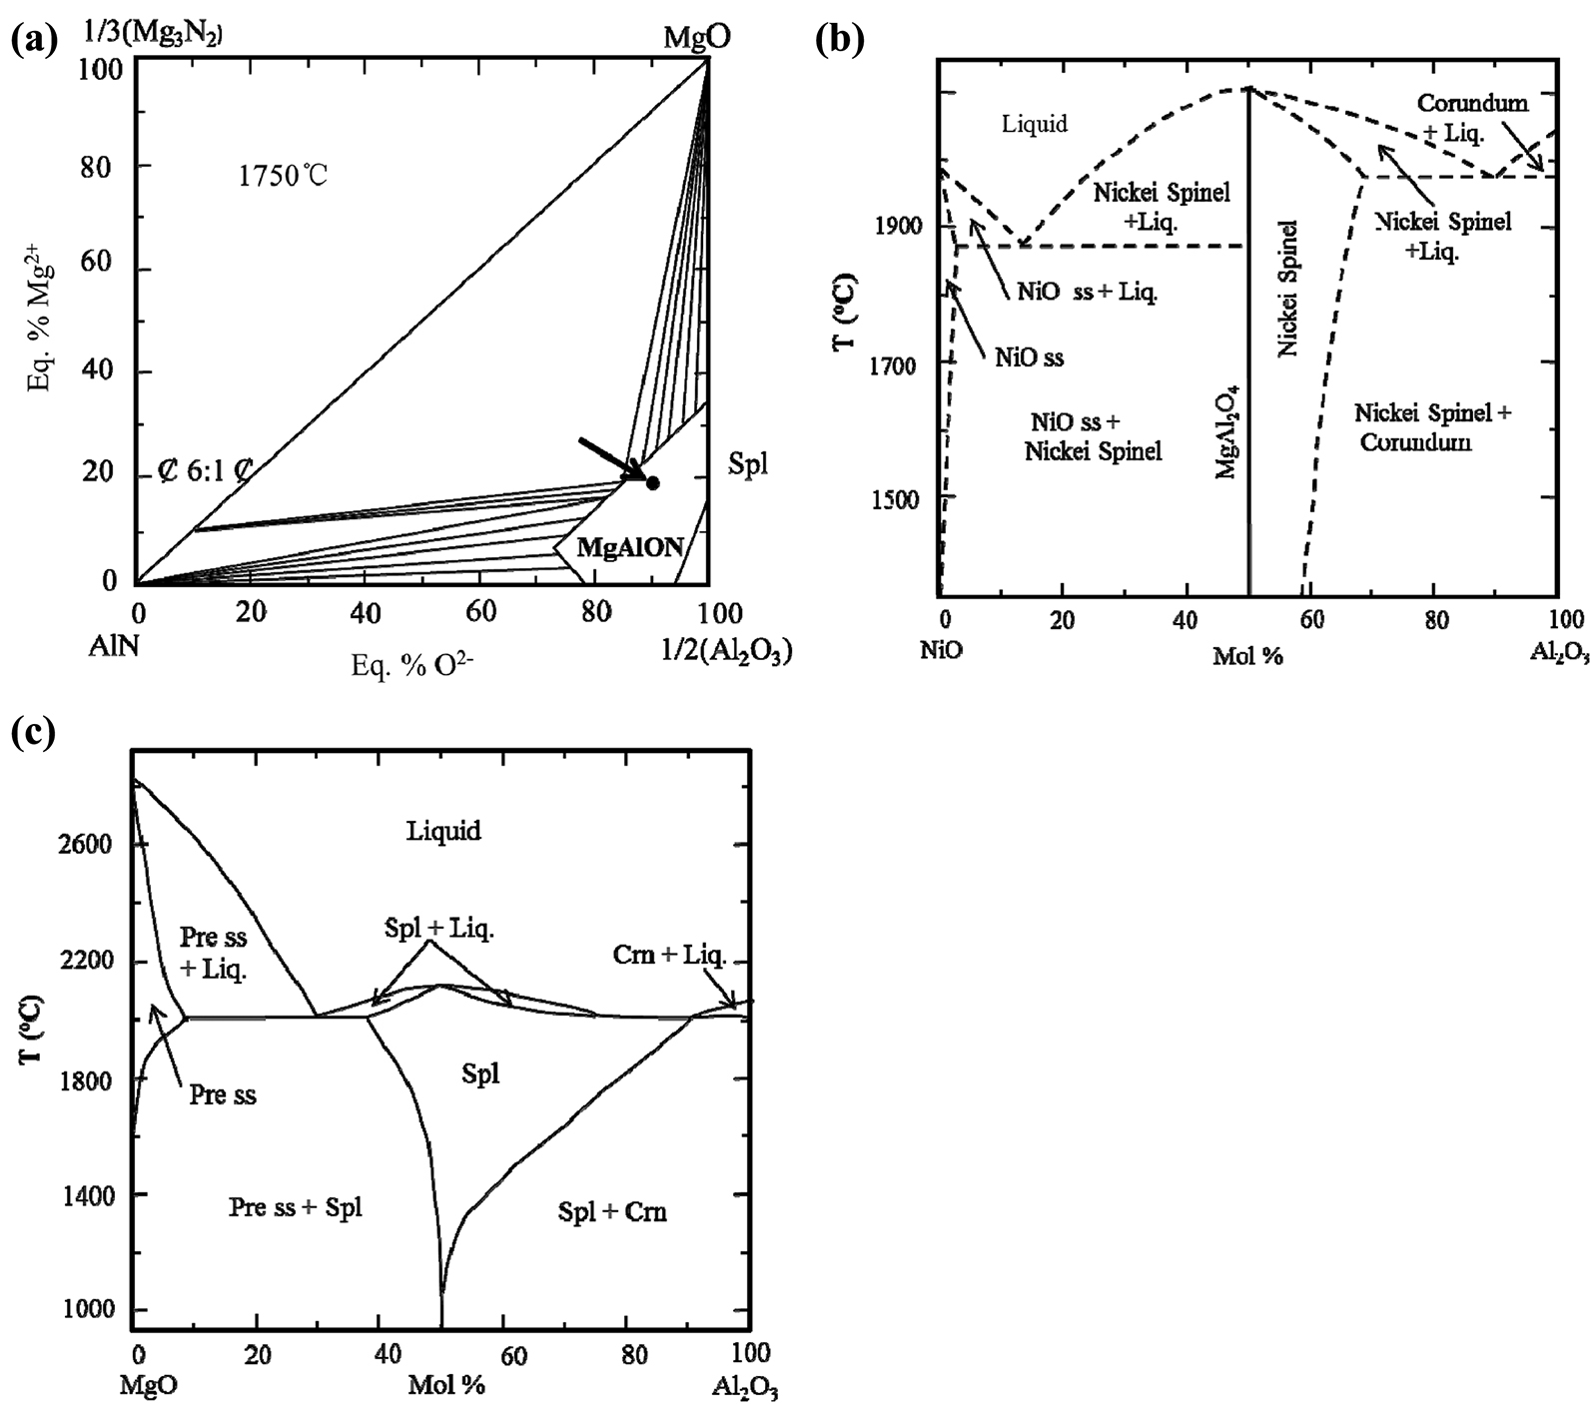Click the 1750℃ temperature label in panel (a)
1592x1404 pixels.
point(283,177)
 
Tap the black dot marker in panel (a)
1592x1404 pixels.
point(653,483)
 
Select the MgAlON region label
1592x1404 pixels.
point(634,547)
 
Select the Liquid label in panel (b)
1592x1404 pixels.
point(1034,124)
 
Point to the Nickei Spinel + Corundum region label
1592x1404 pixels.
point(1434,426)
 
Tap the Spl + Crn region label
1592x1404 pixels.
point(612,1213)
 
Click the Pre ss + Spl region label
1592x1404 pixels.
point(296,1207)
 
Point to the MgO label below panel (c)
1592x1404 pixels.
point(147,1387)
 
